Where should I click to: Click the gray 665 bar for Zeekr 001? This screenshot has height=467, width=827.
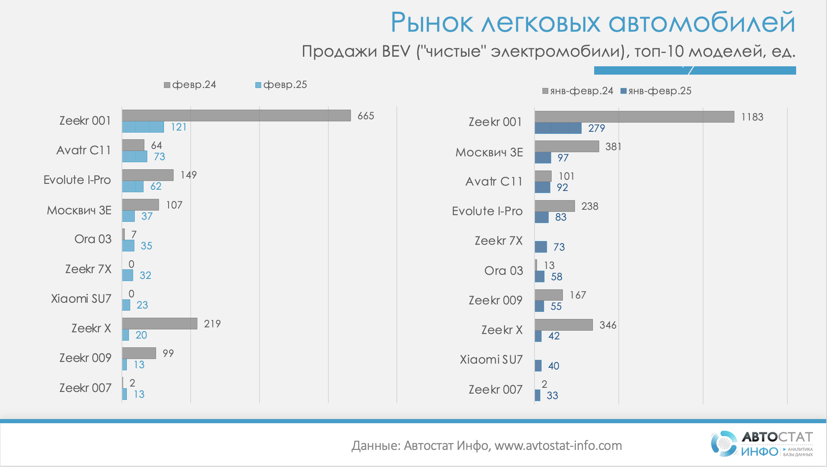point(236,115)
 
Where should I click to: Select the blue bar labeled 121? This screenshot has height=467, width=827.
point(143,127)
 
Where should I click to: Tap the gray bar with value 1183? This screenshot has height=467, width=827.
point(634,117)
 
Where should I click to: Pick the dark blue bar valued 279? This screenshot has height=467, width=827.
point(558,128)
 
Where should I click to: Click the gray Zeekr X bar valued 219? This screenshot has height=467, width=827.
point(159,324)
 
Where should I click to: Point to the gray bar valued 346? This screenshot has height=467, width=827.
point(563,325)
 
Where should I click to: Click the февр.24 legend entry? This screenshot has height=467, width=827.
point(190,85)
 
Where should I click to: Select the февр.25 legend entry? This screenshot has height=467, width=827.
point(281,85)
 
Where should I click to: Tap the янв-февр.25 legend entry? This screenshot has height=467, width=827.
point(656,91)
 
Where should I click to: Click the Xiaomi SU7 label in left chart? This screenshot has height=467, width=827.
point(81,299)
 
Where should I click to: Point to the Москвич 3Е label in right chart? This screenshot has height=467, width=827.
point(489,152)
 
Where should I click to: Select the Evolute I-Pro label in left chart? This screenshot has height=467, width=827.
point(77,180)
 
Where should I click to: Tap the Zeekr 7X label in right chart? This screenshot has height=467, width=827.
point(498,241)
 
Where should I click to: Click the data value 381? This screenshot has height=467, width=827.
point(613,146)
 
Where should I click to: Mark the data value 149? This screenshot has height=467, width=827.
point(189,175)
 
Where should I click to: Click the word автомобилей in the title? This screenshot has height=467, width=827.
point(702,23)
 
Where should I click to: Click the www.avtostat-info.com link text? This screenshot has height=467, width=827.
point(558,445)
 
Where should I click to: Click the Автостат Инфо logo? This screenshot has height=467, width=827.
point(761,444)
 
